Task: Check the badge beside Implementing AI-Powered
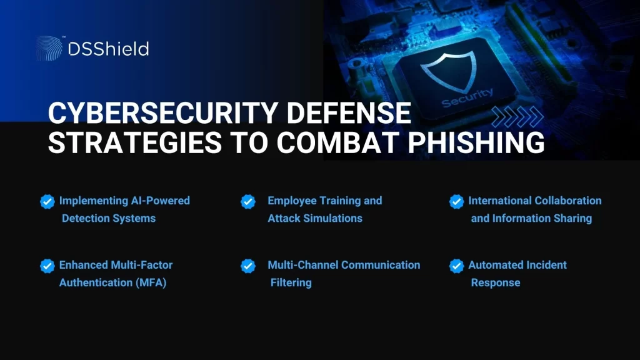tap(47, 201)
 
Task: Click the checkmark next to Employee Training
tap(248, 201)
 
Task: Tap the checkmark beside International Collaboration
tap(456, 201)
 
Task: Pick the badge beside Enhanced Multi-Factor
tap(47, 265)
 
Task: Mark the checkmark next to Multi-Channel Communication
tap(248, 265)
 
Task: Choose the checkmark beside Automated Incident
tap(456, 265)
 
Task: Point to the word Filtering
tap(291, 282)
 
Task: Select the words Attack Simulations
tap(315, 219)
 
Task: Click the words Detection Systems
tap(109, 219)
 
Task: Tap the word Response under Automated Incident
tap(496, 282)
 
